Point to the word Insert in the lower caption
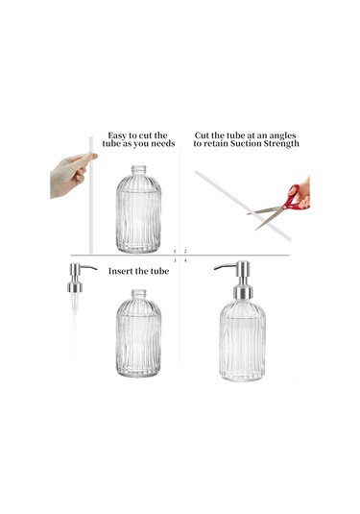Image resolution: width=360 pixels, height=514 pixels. click(x=122, y=271)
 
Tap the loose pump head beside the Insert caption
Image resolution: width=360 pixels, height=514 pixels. click(x=79, y=277)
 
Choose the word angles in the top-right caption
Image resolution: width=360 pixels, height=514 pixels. click(x=284, y=135)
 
